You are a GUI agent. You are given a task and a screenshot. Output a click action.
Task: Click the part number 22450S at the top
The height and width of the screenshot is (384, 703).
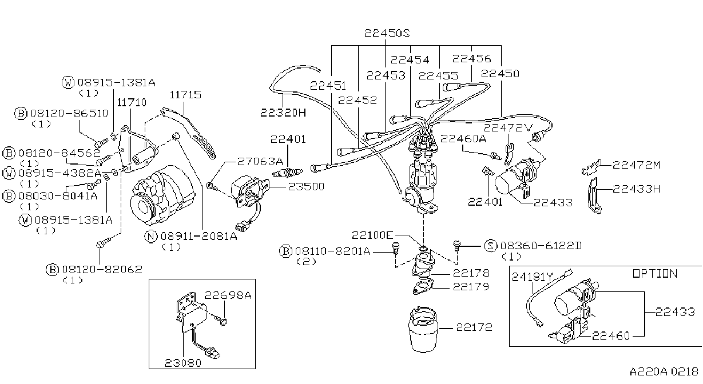[x=387, y=33]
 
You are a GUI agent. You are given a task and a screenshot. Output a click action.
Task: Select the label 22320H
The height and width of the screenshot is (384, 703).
[x=283, y=113]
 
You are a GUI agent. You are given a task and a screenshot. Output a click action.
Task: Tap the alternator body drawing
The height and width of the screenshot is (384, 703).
[x=162, y=195]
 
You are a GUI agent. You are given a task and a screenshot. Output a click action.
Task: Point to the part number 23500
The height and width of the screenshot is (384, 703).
[x=306, y=186]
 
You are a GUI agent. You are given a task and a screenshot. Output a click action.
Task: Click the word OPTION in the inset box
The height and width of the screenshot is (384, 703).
[x=655, y=274]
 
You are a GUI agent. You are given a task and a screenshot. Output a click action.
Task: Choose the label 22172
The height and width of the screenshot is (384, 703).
[x=474, y=327]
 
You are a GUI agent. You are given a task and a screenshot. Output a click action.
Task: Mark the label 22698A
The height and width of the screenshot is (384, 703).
[x=228, y=295]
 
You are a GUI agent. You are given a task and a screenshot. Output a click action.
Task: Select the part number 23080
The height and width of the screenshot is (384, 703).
[x=183, y=363]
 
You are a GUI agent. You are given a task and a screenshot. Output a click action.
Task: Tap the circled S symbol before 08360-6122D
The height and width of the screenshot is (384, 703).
[x=491, y=246]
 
